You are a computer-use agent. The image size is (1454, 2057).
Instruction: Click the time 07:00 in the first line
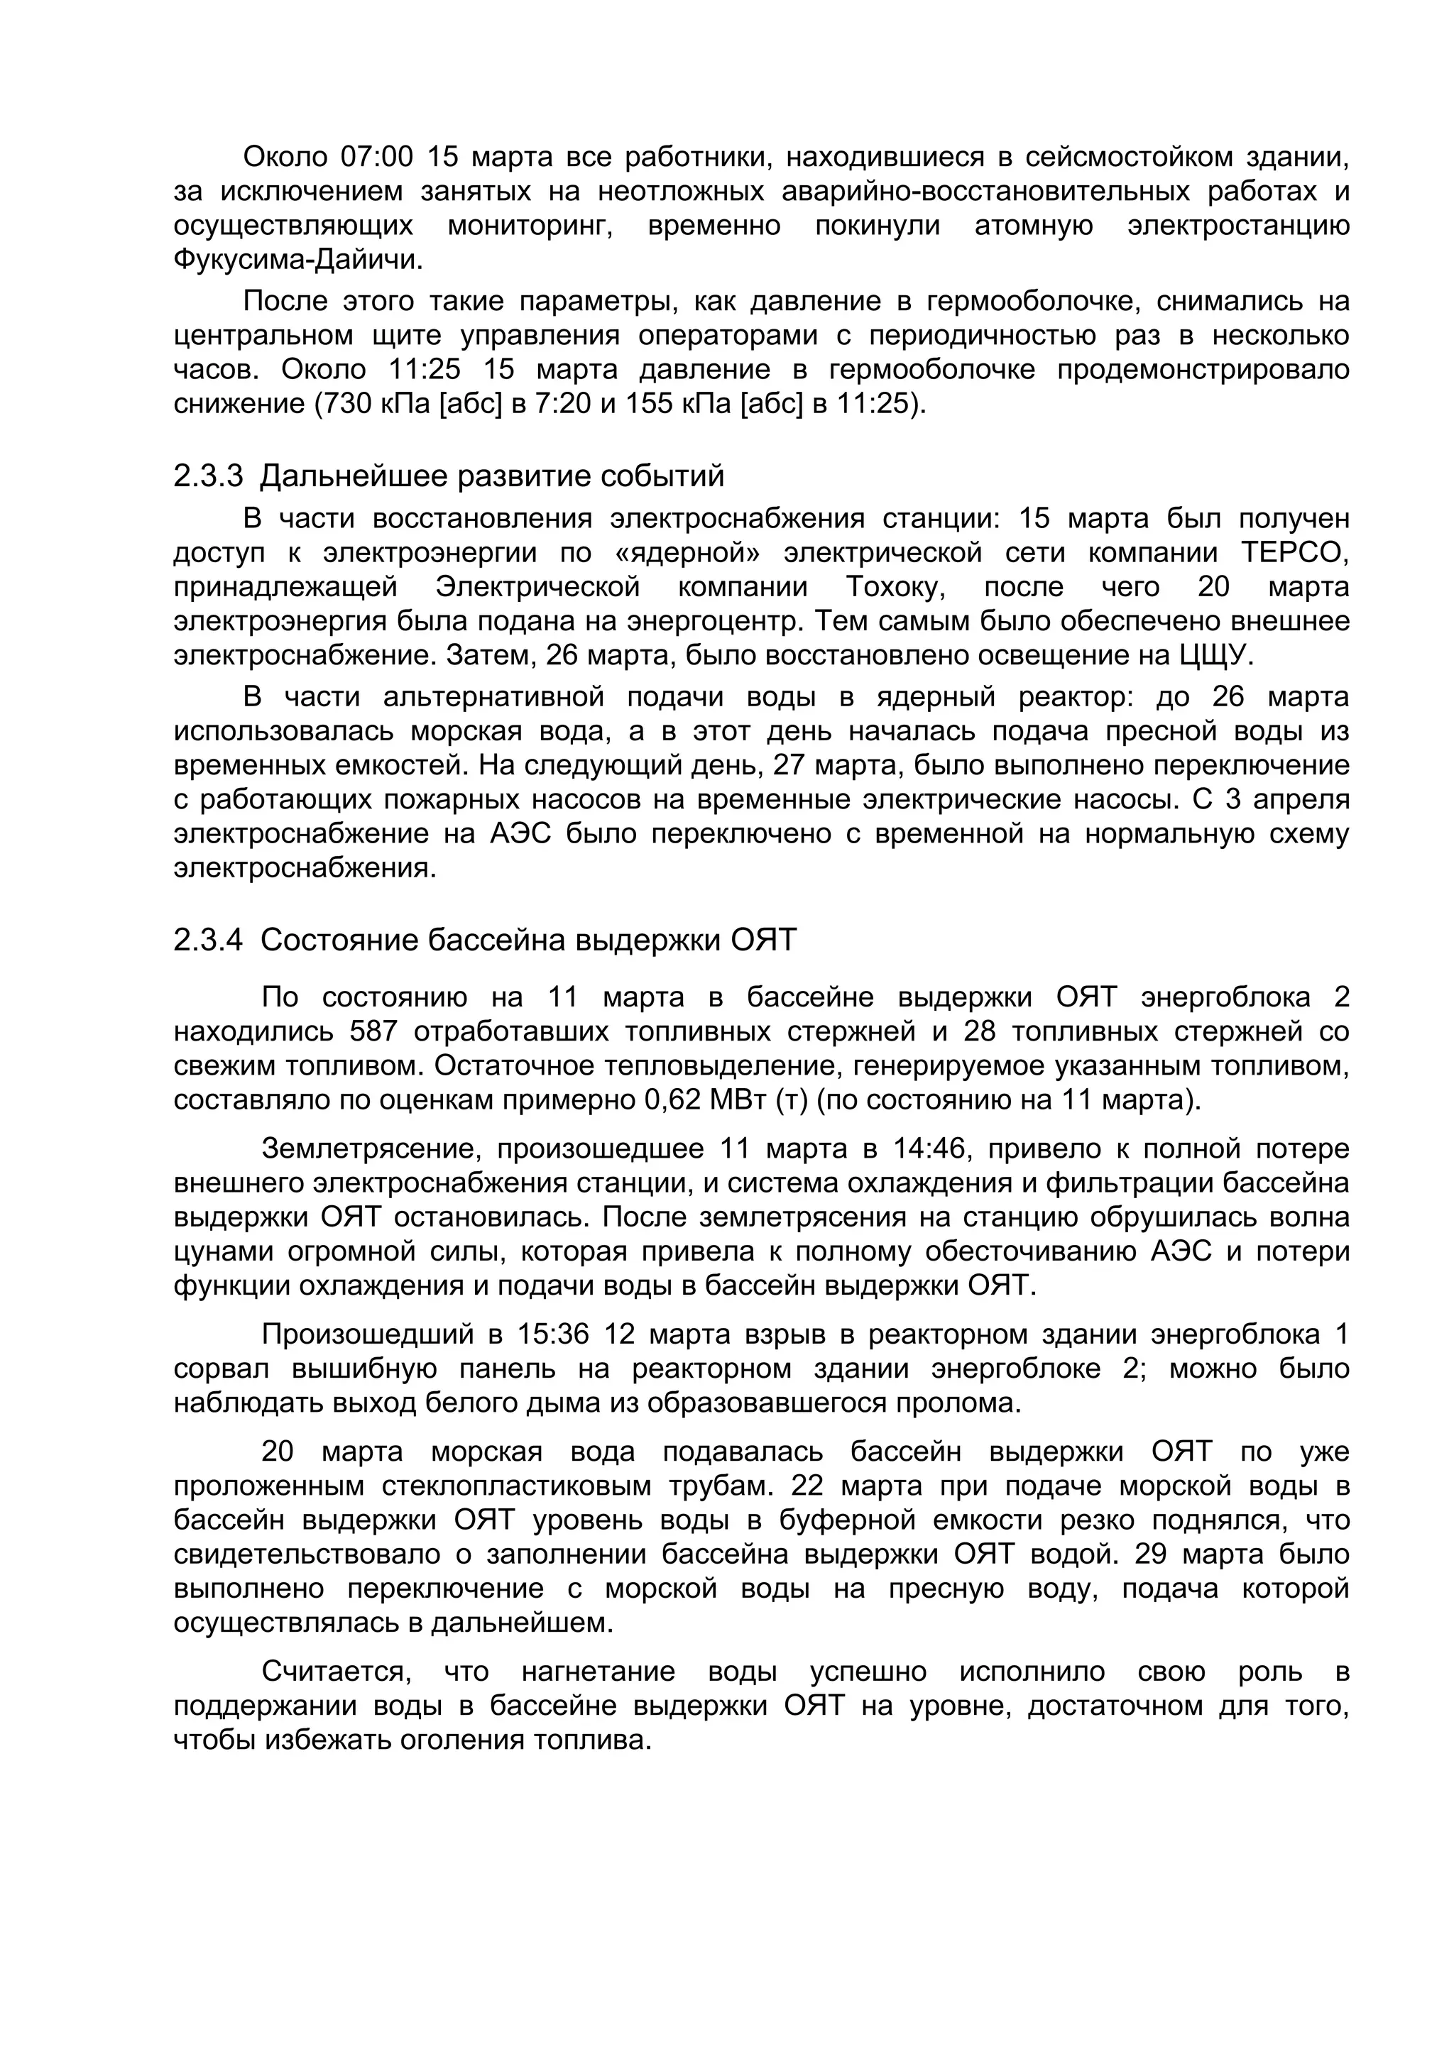pyautogui.click(x=376, y=158)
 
